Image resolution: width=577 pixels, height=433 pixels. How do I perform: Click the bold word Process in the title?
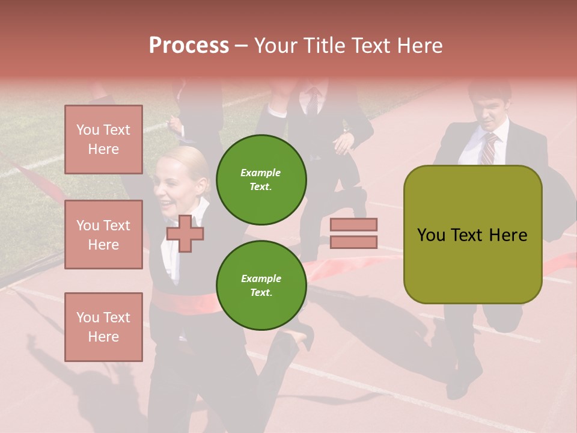tap(189, 45)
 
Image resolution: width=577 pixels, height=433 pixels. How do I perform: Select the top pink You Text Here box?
tap(103, 140)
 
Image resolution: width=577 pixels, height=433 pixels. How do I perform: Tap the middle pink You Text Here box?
tap(103, 235)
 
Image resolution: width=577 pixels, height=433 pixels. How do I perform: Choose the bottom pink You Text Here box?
tap(103, 327)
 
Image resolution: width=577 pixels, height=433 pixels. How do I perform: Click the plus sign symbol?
tap(185, 233)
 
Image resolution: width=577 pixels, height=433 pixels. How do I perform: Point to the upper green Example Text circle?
tap(261, 179)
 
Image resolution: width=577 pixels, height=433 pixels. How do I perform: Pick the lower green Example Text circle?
tap(261, 285)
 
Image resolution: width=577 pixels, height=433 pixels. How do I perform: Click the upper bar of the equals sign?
tap(353, 225)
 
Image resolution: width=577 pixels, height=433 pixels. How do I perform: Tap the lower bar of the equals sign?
tap(353, 242)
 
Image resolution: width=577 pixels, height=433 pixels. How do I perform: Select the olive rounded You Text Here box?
tap(472, 235)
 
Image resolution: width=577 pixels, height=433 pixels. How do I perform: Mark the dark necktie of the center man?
tap(313, 102)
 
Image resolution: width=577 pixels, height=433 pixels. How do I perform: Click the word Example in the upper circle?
tap(260, 173)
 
